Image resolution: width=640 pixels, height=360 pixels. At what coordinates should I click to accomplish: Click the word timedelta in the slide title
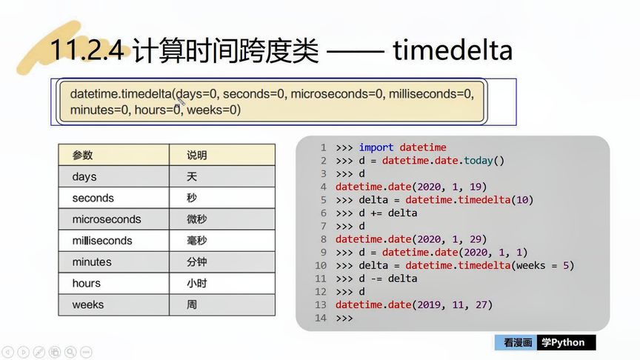tap(453, 50)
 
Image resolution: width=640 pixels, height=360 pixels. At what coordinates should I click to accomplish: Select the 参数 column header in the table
tap(82, 156)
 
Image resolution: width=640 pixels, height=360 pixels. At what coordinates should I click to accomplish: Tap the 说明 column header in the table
tap(197, 156)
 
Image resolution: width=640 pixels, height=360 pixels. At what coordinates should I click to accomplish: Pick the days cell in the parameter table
tap(84, 177)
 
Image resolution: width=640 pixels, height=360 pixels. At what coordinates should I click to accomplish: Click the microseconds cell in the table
tap(106, 219)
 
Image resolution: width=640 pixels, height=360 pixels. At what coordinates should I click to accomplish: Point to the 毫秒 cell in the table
tap(197, 241)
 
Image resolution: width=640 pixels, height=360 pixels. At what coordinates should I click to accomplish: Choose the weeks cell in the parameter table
tap(87, 304)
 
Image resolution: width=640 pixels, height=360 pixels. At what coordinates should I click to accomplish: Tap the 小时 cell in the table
tap(197, 283)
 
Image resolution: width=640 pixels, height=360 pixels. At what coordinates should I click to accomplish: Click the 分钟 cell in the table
tap(197, 262)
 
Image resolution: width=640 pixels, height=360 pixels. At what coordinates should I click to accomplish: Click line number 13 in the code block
tap(321, 304)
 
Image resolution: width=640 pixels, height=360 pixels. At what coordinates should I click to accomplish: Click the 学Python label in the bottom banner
tap(564, 342)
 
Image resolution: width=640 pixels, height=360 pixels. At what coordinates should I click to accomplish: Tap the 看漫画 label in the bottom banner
tap(518, 342)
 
